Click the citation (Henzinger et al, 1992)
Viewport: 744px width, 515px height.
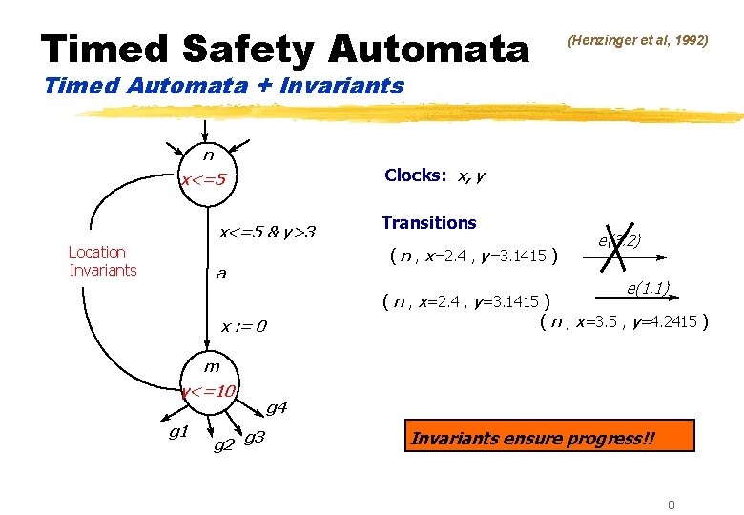(637, 40)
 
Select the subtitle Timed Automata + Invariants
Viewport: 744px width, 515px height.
(224, 86)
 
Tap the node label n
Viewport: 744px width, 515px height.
(207, 154)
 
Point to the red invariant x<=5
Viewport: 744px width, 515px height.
(204, 179)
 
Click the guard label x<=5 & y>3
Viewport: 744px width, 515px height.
(268, 232)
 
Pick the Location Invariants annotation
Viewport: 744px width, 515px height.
(102, 260)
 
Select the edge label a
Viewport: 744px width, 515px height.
(220, 275)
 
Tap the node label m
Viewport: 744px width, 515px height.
(211, 367)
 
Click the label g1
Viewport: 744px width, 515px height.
(177, 433)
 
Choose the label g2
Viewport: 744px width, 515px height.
(224, 444)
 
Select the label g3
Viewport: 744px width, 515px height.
(255, 438)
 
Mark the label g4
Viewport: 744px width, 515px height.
(277, 408)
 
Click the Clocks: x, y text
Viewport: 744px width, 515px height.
(433, 175)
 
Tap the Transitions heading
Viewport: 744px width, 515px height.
(428, 223)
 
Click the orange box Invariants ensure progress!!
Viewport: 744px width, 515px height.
(533, 439)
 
